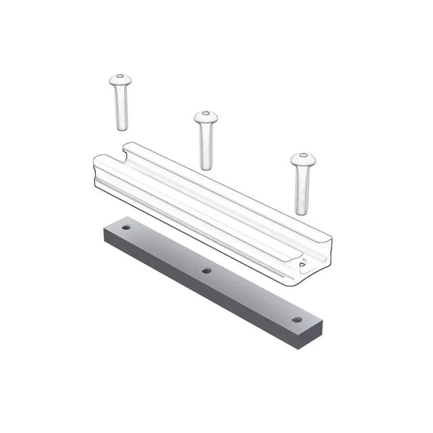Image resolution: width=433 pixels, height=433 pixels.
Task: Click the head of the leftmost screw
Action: tap(120, 80)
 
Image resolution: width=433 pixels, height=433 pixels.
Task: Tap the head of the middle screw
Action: tap(206, 118)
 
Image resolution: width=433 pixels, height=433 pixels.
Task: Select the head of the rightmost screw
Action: tap(302, 158)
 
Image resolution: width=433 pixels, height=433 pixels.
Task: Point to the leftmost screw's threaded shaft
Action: tap(121, 107)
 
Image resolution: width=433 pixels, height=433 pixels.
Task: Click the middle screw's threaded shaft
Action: tap(206, 146)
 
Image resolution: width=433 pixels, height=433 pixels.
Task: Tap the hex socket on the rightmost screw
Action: tap(303, 155)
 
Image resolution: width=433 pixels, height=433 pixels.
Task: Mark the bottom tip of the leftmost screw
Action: tap(122, 128)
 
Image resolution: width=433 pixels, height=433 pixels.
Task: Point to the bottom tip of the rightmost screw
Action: tap(303, 213)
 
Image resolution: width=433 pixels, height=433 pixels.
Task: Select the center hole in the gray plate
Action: tap(207, 271)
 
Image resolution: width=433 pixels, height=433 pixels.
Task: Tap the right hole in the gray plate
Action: tap(297, 319)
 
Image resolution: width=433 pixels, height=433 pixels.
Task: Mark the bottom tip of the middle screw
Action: tap(207, 167)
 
